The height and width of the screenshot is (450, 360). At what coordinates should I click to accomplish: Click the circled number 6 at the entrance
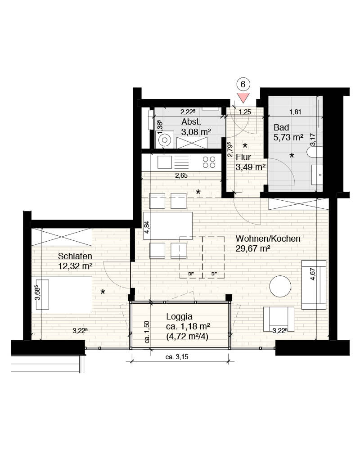click(243, 84)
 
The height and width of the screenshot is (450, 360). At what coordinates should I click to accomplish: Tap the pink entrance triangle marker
click(243, 98)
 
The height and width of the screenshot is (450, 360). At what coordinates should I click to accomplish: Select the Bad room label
click(281, 127)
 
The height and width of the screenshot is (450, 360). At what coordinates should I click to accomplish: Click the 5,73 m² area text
click(288, 137)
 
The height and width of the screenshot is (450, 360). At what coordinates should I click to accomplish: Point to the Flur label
click(243, 157)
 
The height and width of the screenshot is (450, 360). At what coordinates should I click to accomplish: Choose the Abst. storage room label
click(191, 121)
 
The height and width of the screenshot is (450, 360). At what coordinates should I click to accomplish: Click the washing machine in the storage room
click(165, 140)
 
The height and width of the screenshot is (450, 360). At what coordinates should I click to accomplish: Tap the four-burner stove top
click(209, 162)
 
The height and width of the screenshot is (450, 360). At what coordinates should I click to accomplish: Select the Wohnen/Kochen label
click(268, 238)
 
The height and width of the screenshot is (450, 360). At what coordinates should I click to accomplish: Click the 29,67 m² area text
click(252, 248)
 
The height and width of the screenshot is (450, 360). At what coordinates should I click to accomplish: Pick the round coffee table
click(280, 286)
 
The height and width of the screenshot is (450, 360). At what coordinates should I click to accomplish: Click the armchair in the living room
click(279, 319)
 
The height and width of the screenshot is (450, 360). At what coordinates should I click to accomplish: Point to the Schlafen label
click(75, 256)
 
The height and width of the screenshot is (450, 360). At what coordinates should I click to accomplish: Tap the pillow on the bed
click(40, 294)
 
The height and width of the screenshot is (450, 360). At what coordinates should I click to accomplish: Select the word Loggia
click(179, 316)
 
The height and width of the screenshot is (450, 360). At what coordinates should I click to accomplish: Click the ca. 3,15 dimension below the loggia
click(177, 357)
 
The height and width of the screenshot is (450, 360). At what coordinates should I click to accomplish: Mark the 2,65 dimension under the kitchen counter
click(181, 175)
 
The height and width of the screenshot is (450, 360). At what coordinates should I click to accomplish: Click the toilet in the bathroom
click(315, 152)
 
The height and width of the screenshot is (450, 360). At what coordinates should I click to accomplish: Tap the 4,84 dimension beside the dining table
click(147, 227)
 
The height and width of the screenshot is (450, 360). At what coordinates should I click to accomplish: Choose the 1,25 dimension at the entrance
click(245, 112)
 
